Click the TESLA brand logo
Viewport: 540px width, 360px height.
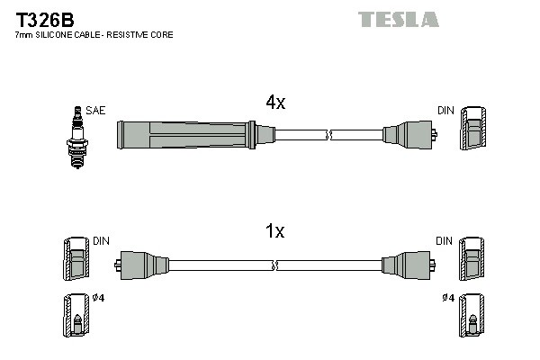[398, 19]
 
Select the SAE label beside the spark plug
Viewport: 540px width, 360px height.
[96, 111]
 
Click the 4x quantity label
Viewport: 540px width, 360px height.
[275, 103]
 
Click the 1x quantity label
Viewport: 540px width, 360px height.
[275, 231]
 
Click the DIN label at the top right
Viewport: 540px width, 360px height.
[445, 111]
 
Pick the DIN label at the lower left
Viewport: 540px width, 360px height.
[100, 241]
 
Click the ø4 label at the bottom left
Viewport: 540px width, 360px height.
[98, 299]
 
